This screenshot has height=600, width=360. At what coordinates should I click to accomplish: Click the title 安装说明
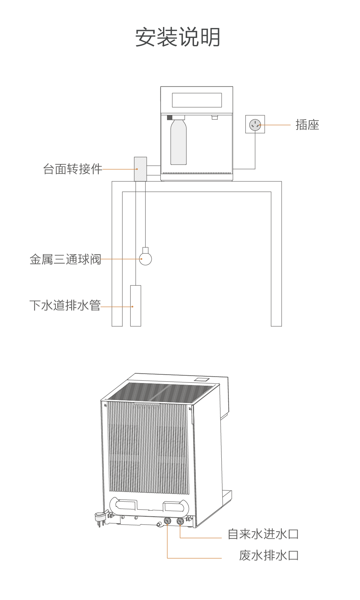(x=178, y=37)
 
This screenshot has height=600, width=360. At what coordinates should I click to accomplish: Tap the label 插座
(x=307, y=125)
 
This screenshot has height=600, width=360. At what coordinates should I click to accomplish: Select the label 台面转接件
(x=73, y=169)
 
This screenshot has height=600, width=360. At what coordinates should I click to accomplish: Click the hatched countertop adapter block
(x=140, y=169)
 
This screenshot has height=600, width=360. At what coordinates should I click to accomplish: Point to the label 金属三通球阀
(x=65, y=259)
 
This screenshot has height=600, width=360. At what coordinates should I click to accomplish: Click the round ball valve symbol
(x=145, y=259)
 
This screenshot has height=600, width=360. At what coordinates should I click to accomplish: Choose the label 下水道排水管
(x=65, y=305)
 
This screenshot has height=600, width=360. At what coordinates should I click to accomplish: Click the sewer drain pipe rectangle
(x=136, y=306)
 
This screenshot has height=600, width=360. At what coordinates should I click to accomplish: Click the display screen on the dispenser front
(x=197, y=100)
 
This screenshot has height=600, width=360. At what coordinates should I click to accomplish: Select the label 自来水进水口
(x=263, y=534)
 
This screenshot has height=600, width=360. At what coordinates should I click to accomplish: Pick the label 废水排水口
(x=269, y=555)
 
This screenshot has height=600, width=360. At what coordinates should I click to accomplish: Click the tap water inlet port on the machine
(x=180, y=521)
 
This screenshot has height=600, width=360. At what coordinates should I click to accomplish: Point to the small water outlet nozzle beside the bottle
(x=215, y=117)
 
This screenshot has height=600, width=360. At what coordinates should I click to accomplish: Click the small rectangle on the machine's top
(x=202, y=379)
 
